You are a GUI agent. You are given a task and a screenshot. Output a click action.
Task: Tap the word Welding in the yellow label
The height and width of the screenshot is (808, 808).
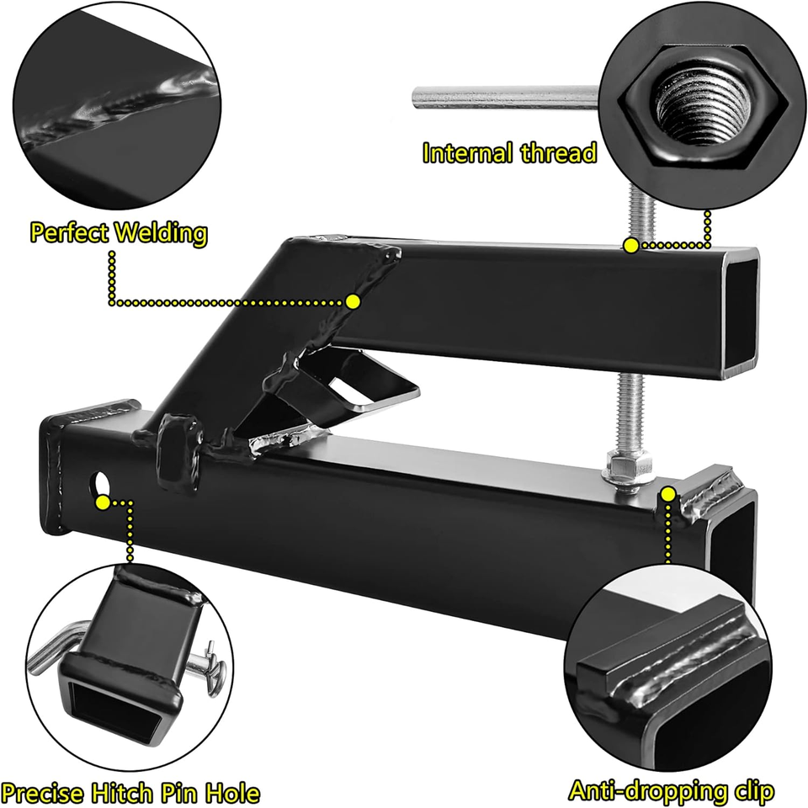click(x=162, y=233)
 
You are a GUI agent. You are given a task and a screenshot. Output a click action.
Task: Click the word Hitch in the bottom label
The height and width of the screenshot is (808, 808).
click(x=121, y=792)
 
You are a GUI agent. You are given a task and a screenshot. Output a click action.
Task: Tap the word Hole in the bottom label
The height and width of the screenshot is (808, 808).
click(x=233, y=792)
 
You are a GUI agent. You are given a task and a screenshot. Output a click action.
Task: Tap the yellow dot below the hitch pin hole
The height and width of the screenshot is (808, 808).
click(x=103, y=502)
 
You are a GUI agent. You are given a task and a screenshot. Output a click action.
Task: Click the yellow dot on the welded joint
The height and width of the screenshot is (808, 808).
click(x=353, y=301)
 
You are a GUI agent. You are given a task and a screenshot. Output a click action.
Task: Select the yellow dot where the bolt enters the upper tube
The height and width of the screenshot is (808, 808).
click(x=631, y=246)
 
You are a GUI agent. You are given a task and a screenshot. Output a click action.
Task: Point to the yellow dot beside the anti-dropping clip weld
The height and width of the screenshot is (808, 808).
click(x=668, y=495)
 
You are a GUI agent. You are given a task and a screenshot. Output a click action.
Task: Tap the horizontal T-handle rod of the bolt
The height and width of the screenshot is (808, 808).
click(x=505, y=98)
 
